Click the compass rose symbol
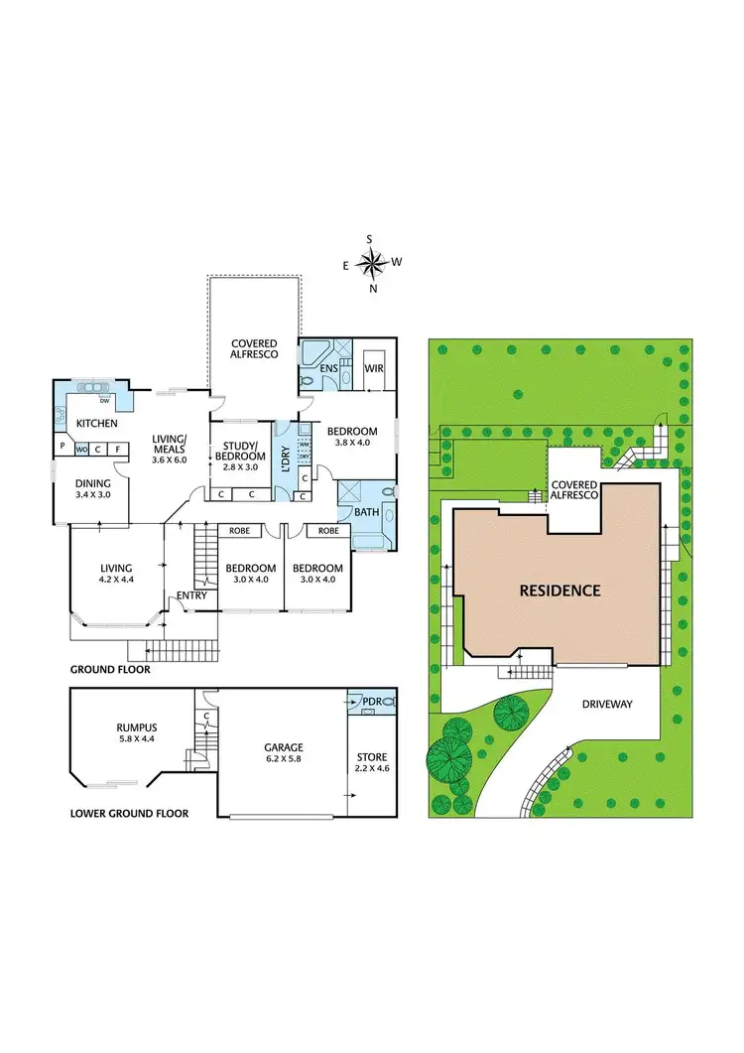tap(372, 263)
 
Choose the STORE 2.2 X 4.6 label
tap(372, 762)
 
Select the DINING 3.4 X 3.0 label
tap(95, 489)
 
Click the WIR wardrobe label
tap(374, 368)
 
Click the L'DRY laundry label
tap(285, 464)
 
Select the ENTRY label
tap(190, 595)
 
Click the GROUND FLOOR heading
tap(110, 670)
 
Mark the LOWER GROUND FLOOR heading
tap(129, 813)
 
